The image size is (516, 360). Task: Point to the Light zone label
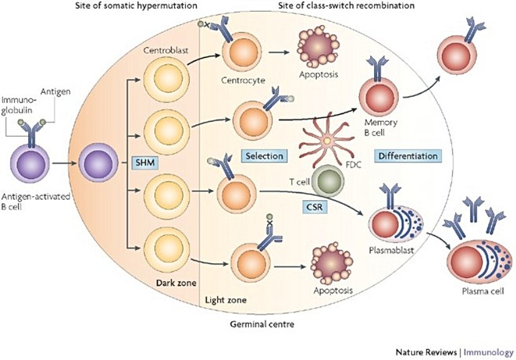coord(225,300)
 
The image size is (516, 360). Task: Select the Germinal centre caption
coord(261,325)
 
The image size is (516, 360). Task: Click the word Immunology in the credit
coord(490,351)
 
